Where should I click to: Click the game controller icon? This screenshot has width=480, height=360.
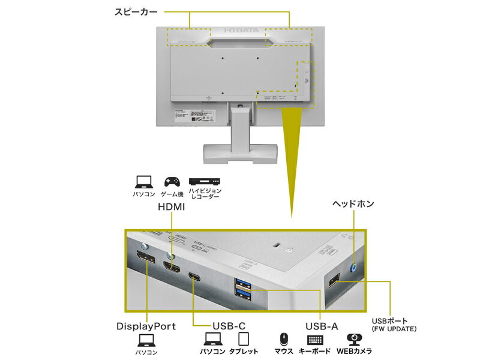172,181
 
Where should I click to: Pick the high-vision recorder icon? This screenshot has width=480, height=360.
205,181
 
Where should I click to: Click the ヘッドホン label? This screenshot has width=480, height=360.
353,204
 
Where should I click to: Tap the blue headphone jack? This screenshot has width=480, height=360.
353,268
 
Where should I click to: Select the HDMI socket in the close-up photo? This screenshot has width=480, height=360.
171,268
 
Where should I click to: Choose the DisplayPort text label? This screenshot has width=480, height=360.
146,326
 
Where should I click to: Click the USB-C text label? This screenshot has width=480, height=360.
229,326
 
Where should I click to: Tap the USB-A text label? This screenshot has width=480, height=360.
321,326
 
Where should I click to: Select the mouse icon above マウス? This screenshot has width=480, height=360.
284,340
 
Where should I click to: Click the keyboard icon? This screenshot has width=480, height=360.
314,340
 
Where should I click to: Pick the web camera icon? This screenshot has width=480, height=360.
355,340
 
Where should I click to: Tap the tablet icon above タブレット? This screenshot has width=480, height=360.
243,340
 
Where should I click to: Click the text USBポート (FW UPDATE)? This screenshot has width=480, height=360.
394,324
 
